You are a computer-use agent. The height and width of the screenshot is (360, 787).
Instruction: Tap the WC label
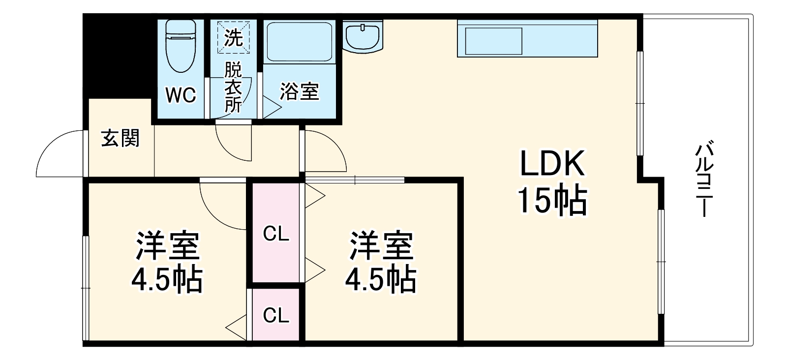coord(181,95)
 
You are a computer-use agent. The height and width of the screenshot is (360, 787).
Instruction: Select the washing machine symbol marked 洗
coord(234,37)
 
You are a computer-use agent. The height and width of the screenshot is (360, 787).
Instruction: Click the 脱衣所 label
coord(233,88)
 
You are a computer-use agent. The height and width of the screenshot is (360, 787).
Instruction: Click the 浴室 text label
coord(300,91)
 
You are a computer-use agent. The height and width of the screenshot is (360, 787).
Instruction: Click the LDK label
coord(552,164)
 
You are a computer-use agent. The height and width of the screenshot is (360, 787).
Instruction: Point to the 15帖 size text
coord(552,200)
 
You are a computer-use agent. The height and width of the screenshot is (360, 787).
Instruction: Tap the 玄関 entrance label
coord(121,138)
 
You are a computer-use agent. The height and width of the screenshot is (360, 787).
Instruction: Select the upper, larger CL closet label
coord(276,234)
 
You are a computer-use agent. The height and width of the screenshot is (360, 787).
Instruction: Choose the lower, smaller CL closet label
coord(276,315)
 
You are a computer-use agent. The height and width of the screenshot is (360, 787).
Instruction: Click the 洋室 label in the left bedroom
coord(167,246)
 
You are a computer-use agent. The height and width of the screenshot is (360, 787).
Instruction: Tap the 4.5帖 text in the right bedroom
coord(381,279)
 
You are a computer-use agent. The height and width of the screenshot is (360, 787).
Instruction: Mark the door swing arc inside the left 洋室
coord(221,207)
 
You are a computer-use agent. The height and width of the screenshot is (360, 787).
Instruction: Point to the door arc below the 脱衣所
coord(234,143)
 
